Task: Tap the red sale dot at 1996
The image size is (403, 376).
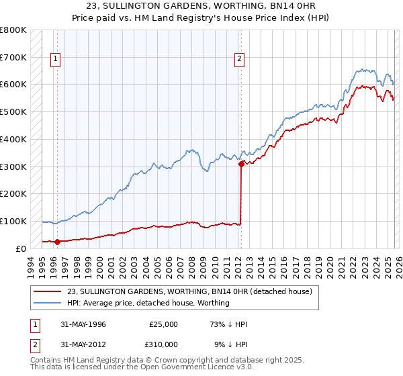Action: tap(57, 242)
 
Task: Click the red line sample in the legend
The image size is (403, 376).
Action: tap(48, 292)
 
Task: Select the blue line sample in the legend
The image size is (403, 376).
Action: tap(48, 303)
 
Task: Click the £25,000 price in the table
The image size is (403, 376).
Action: tap(163, 324)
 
